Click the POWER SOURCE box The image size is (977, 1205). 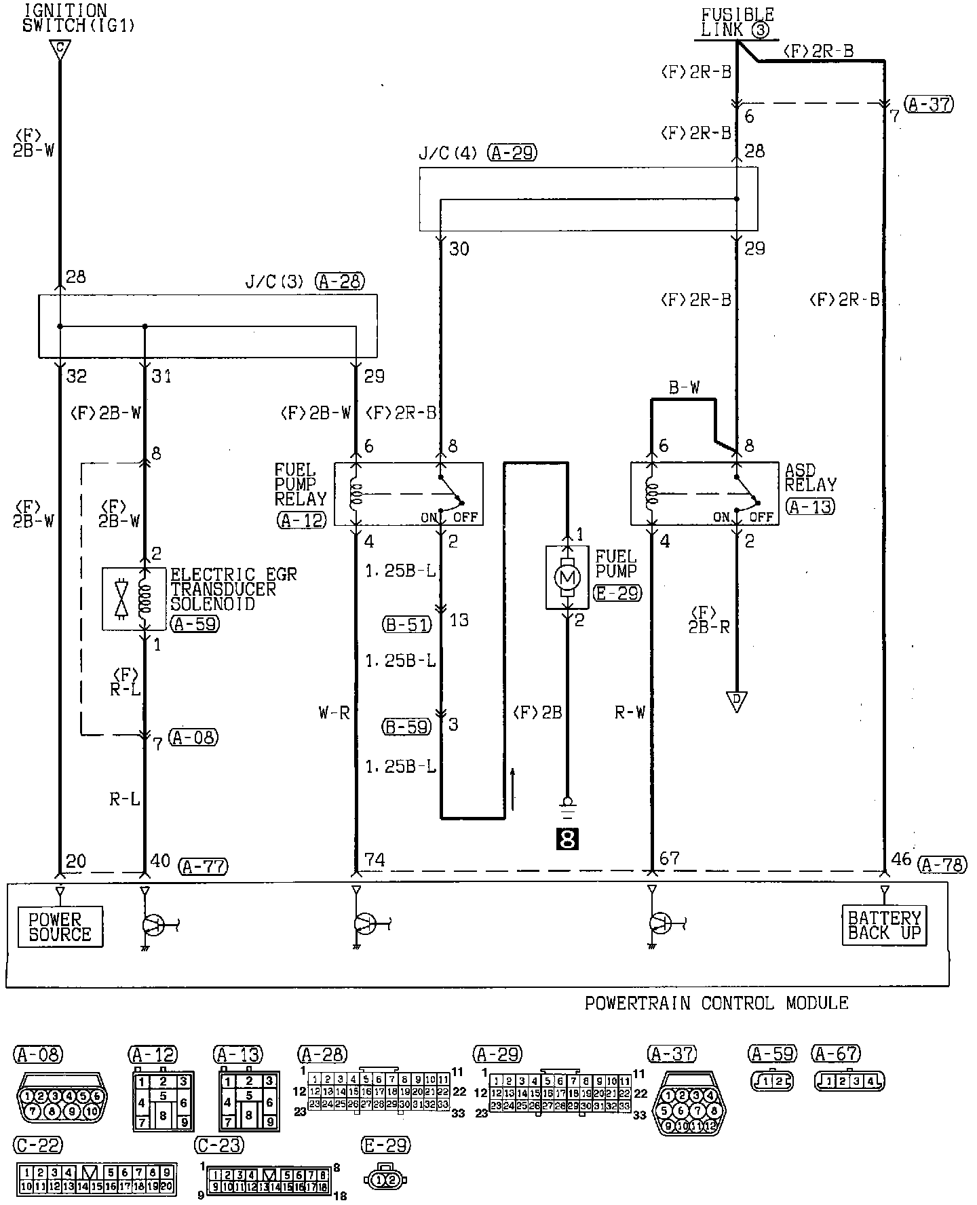tap(60, 927)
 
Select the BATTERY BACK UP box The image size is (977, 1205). tap(885, 925)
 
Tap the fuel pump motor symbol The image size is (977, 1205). tap(568, 577)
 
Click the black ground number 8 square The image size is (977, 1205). tap(567, 840)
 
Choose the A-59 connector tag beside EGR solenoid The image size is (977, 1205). tap(195, 624)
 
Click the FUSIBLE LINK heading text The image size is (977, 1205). tap(737, 22)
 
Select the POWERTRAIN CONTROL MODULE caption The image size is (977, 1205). tap(716, 1003)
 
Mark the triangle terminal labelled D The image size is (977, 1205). tap(736, 701)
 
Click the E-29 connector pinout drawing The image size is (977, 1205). tap(386, 1180)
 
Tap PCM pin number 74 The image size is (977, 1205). tap(375, 860)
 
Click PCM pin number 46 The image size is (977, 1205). tap(901, 859)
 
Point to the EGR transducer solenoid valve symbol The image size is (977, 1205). tap(121, 598)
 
